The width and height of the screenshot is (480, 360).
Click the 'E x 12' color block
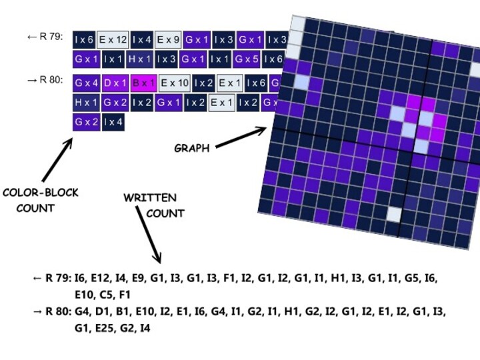[113, 39]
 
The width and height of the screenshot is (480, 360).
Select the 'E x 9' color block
[169, 39]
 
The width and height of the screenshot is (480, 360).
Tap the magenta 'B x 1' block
[144, 83]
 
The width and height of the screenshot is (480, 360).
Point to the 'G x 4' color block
[87, 83]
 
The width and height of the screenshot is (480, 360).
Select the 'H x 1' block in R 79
[141, 59]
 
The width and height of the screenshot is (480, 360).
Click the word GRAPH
[191, 148]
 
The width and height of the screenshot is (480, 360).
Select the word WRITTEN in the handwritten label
[150, 198]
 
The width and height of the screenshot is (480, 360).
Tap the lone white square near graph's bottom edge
[395, 214]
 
